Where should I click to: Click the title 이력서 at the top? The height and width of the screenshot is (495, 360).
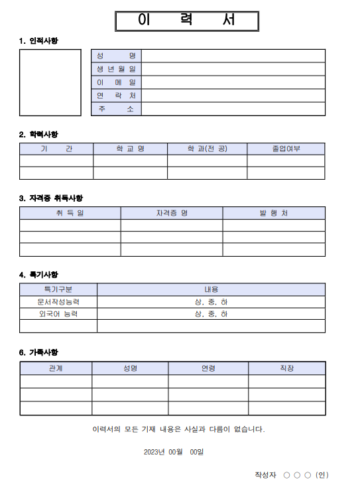coord(186,21)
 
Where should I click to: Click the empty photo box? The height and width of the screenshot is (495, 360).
coord(50,82)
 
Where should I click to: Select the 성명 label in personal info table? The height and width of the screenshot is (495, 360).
coord(116,56)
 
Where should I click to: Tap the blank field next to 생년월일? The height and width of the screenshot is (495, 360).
coord(233,69)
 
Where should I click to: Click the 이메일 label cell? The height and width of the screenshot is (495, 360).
coord(116,82)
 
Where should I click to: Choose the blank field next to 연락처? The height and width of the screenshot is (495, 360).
coord(233,96)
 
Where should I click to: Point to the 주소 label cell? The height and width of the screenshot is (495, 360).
coord(116,109)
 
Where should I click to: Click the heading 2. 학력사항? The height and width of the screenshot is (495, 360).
coord(38,134)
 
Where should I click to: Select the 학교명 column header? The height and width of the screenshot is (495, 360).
coord(130,149)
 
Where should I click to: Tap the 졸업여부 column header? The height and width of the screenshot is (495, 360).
coord(286,149)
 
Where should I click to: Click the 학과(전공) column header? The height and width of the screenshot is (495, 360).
coord(207,149)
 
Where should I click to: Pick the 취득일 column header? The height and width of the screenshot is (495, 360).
coord(70,213)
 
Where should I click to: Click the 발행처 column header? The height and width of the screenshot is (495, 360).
coord(274,213)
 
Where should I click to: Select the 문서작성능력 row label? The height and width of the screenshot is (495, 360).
coord(58,302)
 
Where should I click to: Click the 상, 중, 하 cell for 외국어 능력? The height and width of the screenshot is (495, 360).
coord(211,314)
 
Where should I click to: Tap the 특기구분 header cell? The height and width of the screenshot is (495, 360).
coord(58,289)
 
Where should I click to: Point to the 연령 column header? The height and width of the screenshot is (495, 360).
coord(208,368)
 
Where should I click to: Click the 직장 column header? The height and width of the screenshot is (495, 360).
coord(287,368)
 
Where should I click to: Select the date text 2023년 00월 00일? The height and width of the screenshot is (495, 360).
coord(174,452)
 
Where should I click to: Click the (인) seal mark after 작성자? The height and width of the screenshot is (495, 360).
coord(322,475)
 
